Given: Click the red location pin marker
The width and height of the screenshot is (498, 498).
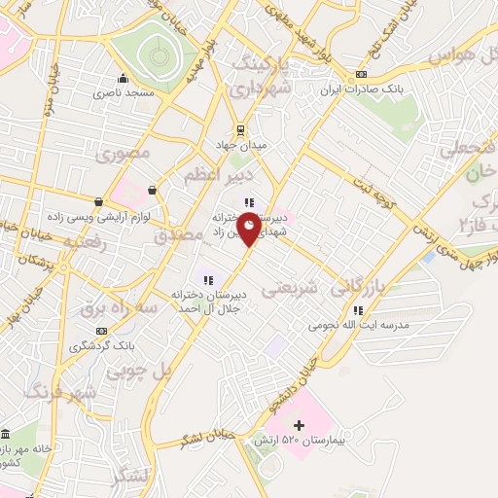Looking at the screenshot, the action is pyautogui.click(x=249, y=228).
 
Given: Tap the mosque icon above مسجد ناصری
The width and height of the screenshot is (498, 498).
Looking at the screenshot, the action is pyautogui.click(x=122, y=80).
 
